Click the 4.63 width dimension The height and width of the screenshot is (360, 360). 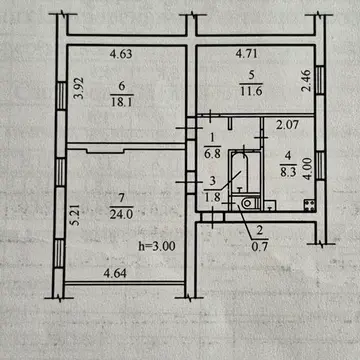121,54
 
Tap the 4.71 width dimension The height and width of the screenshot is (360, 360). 247,53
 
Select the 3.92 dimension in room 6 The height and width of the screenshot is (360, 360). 79,88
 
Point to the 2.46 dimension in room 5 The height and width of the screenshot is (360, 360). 305,80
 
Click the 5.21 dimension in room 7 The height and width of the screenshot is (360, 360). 76,215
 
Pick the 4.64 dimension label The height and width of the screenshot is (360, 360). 115,274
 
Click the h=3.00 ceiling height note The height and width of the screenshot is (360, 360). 157,246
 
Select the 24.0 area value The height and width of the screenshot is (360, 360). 122,213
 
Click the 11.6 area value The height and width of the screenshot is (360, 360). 251,90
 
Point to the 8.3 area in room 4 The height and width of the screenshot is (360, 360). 288,172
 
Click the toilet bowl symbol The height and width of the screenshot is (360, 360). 247,203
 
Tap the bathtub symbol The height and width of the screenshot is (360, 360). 239,172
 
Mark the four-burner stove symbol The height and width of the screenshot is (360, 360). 309,205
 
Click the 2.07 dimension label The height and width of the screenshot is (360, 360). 288,125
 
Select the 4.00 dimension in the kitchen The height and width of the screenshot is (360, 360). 308,168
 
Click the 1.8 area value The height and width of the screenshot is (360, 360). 214,198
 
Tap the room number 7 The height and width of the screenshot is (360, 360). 121,199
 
